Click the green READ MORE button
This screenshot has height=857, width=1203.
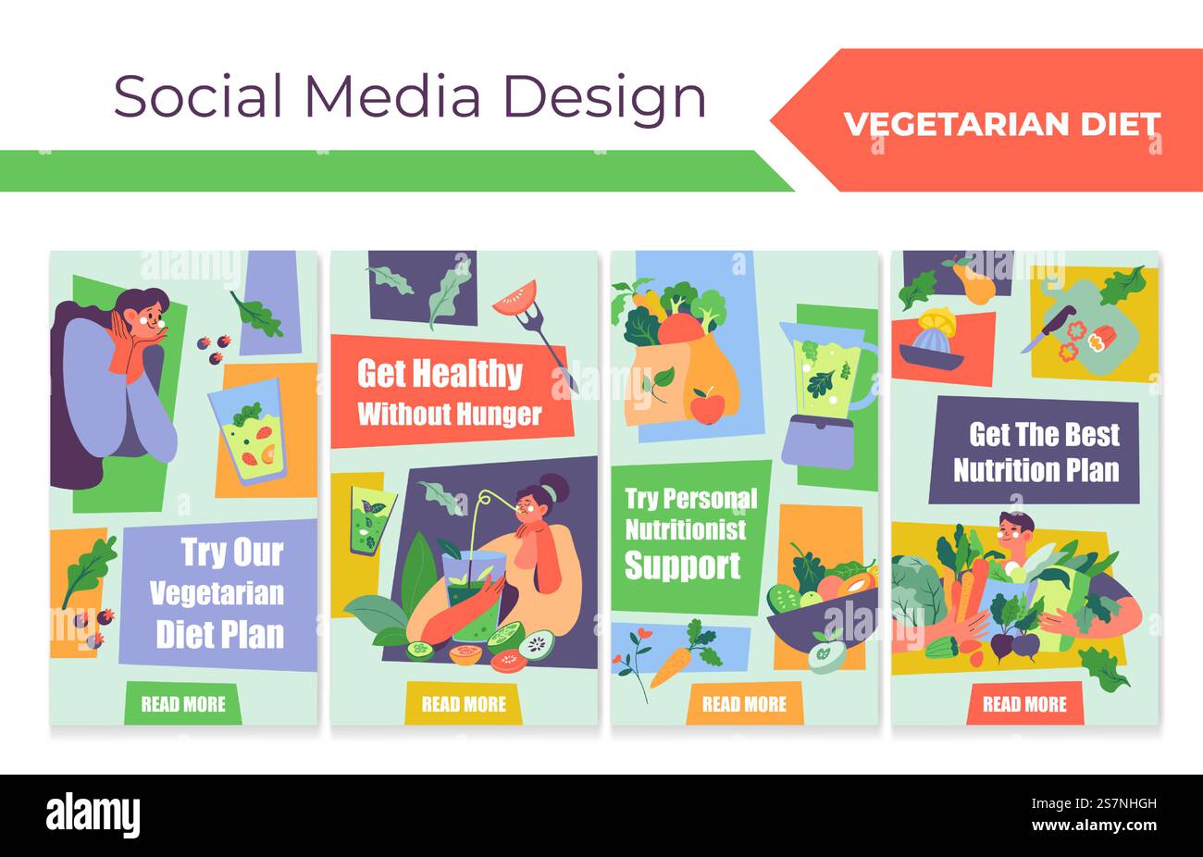183,704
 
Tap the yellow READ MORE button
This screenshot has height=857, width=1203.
464,704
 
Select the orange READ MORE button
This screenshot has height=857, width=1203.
744,704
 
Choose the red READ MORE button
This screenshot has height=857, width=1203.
1024,704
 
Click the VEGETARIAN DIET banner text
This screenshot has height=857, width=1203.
1001,124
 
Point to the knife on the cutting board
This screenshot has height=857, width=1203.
1046,329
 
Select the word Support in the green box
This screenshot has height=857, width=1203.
682,565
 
